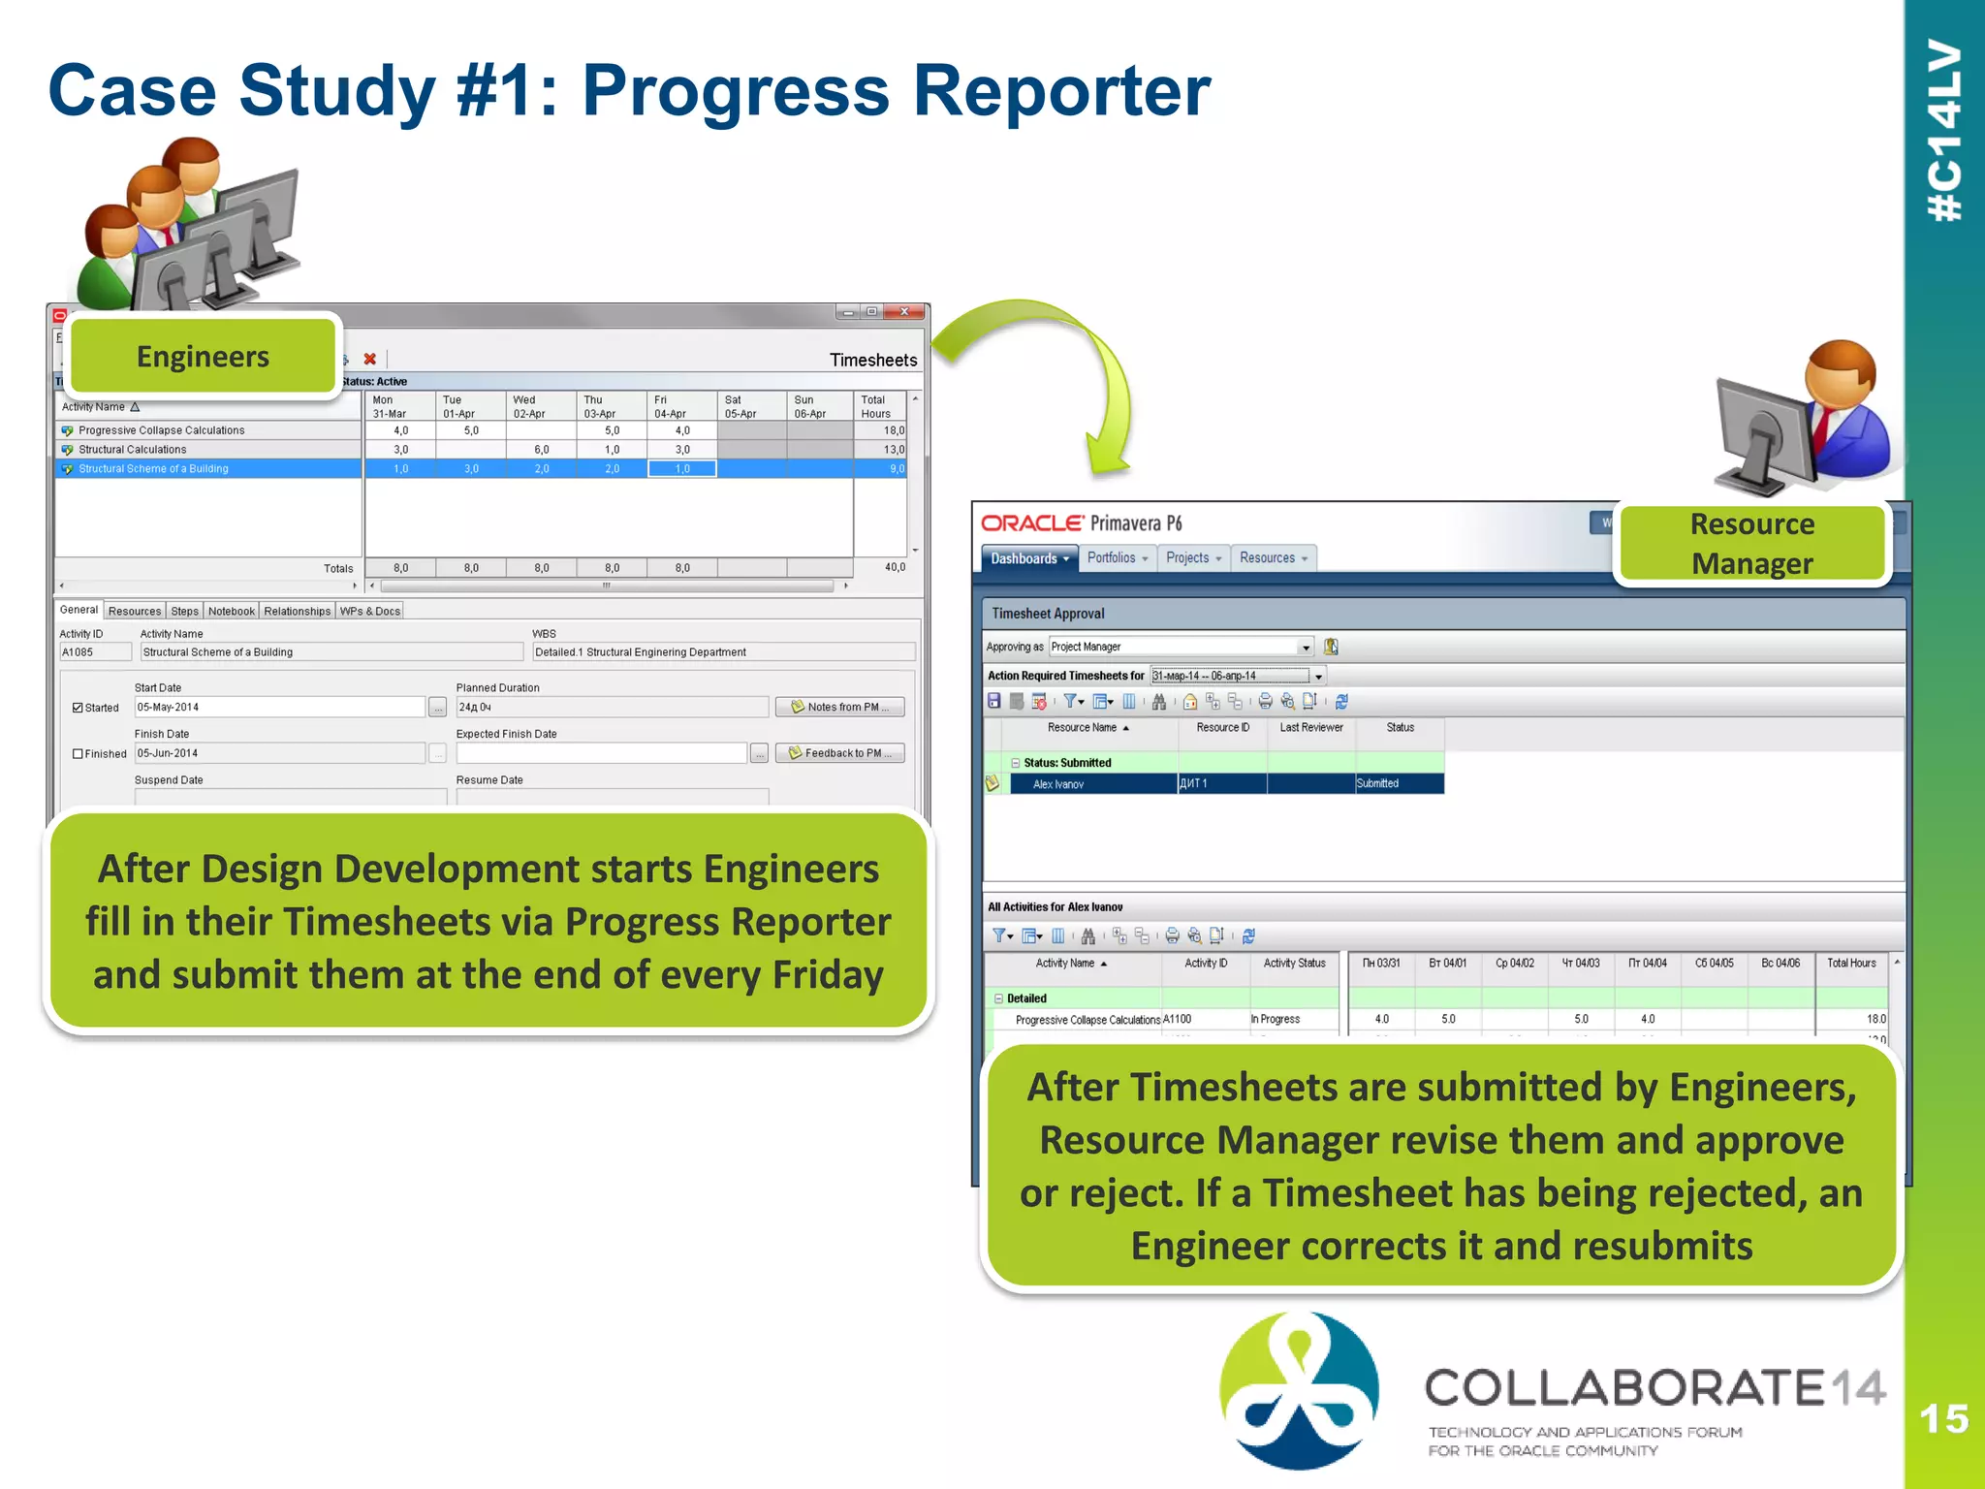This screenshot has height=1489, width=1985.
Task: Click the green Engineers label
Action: point(203,357)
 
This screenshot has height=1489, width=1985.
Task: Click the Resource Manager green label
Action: point(1751,543)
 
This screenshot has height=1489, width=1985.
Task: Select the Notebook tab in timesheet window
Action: point(232,611)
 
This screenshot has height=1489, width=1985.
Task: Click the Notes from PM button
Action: point(839,707)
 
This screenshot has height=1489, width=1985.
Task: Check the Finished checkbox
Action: point(78,753)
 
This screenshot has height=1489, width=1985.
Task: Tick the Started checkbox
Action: point(78,708)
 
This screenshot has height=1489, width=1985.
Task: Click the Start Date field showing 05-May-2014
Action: point(279,707)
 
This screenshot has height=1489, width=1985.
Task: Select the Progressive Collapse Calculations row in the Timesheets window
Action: point(162,430)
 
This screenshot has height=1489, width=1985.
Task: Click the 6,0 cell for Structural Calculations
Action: point(541,450)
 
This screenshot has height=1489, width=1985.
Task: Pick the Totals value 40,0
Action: point(894,567)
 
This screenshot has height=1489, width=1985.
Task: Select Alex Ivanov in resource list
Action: point(1058,784)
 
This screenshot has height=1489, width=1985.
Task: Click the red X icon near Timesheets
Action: point(369,359)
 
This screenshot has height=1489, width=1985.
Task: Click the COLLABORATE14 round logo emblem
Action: point(1299,1389)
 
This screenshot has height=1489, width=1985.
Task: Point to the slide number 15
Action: point(1943,1419)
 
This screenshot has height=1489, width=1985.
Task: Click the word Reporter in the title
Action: point(1061,90)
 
